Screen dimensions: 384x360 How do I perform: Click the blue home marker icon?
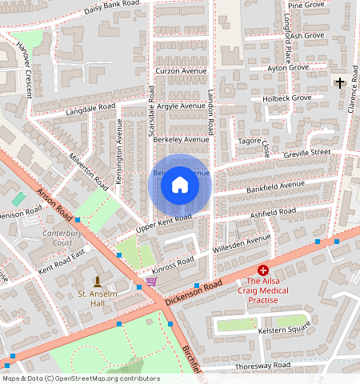click(180, 186)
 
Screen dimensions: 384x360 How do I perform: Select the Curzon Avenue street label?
click(180, 70)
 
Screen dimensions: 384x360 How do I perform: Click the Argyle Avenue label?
click(181, 106)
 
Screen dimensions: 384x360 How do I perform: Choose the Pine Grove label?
click(306, 5)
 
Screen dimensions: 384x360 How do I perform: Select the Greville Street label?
click(306, 153)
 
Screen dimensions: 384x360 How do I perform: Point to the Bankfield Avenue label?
click(275, 187)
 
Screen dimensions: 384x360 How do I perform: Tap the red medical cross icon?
click(262, 270)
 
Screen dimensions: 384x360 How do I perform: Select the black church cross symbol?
click(340, 83)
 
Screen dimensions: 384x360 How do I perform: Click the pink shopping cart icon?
click(151, 282)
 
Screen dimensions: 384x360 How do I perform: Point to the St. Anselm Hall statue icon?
click(98, 282)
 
